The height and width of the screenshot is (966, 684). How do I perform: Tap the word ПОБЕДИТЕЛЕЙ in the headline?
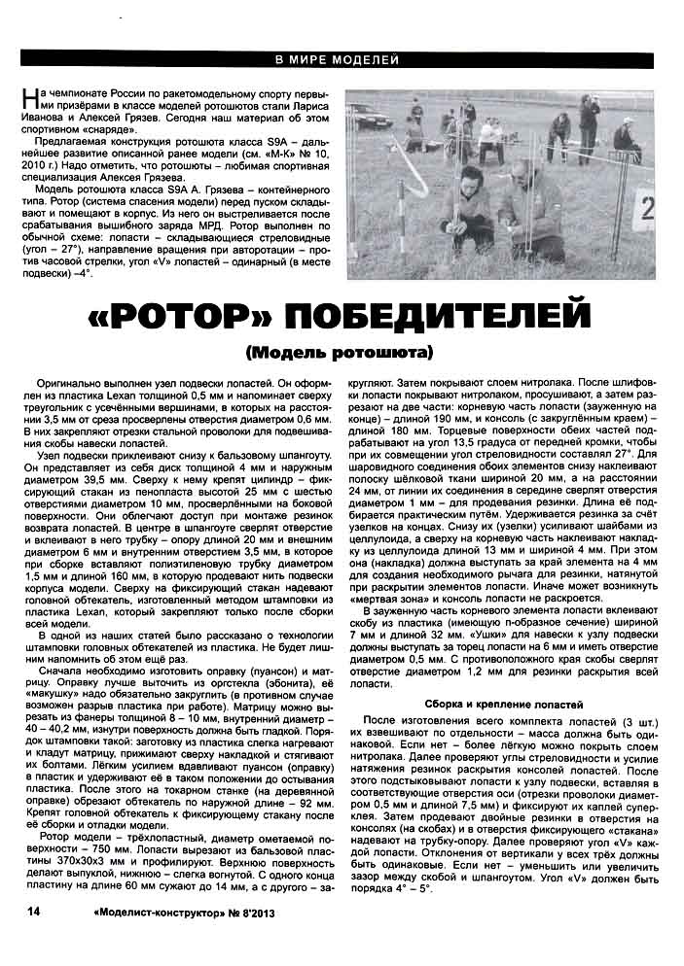[428, 316]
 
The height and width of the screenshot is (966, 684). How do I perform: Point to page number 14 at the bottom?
[33, 911]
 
